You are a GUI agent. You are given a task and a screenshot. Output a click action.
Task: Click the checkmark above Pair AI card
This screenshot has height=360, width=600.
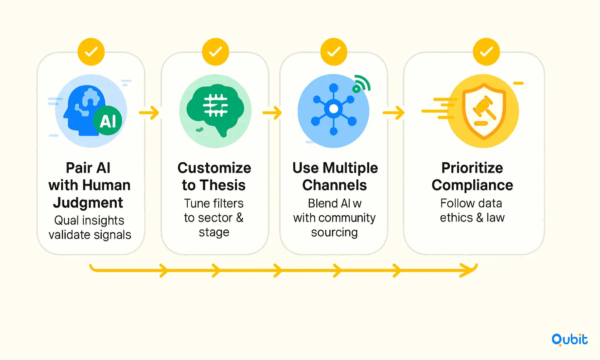(91, 52)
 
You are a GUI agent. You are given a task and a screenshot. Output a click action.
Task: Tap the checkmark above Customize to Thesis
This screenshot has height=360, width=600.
(215, 52)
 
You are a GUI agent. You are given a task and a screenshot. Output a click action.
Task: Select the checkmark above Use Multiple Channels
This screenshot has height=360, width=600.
(334, 52)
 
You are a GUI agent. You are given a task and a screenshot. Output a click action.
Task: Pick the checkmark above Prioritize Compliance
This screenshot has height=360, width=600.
(486, 52)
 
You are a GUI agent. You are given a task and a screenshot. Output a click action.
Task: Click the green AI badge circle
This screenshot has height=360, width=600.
(108, 120)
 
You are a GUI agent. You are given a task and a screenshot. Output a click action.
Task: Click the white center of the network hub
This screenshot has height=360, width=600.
(334, 109)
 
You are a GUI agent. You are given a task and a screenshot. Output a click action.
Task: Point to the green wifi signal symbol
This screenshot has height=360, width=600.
(362, 84)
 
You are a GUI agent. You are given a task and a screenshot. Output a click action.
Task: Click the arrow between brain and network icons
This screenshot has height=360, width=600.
(272, 112)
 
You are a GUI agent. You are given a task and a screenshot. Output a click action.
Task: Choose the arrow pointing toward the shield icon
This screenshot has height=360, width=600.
(393, 112)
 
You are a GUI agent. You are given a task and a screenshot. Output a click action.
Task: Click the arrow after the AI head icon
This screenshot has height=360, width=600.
(149, 112)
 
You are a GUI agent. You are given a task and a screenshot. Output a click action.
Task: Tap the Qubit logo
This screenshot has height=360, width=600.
(569, 340)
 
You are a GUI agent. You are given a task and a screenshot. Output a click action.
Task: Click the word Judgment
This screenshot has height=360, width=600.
(88, 203)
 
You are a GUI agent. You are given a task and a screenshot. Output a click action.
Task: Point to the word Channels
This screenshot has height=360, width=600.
(334, 185)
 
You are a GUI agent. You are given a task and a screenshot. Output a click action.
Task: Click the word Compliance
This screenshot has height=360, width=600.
(472, 185)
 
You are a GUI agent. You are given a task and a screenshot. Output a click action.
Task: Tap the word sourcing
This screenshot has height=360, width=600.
(334, 233)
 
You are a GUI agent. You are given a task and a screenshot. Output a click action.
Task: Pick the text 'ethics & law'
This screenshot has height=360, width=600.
(472, 218)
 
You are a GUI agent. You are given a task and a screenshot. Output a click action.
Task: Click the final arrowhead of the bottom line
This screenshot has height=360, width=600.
(469, 270)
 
